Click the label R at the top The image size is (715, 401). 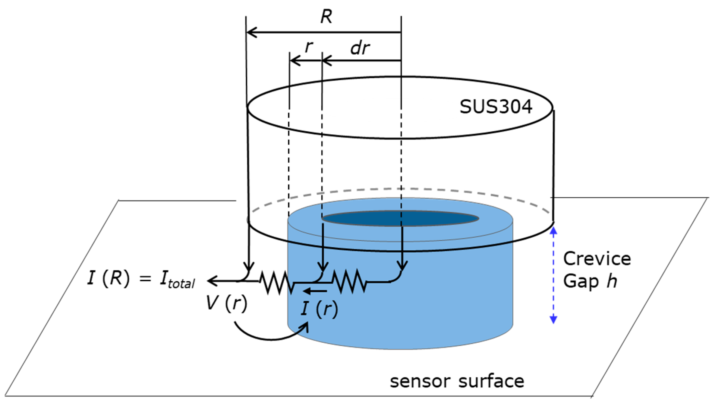(x=326, y=17)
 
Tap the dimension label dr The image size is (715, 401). (x=360, y=48)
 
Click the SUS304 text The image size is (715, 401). (x=496, y=107)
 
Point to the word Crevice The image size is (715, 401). (x=597, y=259)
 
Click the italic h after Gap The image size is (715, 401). (x=612, y=281)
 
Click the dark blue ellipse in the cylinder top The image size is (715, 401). (x=400, y=218)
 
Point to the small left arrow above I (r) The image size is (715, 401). (x=315, y=291)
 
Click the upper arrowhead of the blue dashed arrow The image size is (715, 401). (x=553, y=231)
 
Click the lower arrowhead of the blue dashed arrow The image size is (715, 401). (x=553, y=319)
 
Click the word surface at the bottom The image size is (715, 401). (x=491, y=382)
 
